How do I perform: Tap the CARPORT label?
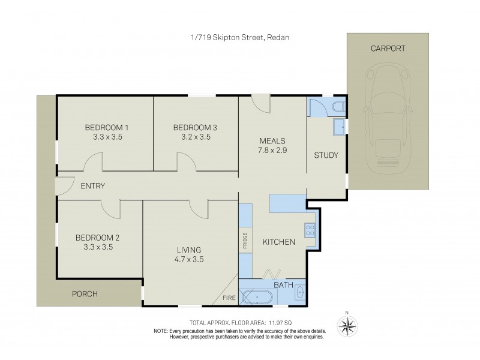(388, 49)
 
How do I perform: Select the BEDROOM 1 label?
(106, 127)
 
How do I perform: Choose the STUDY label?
(326, 155)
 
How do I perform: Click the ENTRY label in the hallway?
(93, 186)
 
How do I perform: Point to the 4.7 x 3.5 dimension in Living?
(188, 260)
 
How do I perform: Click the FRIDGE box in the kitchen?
(245, 239)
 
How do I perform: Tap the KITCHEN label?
(278, 242)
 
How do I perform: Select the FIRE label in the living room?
(229, 297)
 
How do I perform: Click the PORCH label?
(85, 294)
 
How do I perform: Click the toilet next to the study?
(338, 107)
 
